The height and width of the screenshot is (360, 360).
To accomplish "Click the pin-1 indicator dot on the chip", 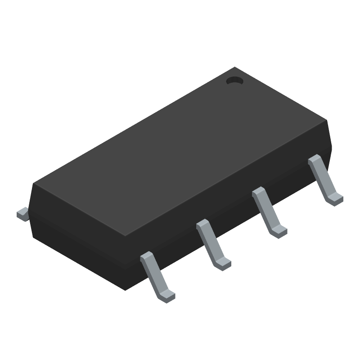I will [234, 81].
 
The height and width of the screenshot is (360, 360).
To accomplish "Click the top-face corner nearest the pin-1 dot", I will [235, 67].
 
